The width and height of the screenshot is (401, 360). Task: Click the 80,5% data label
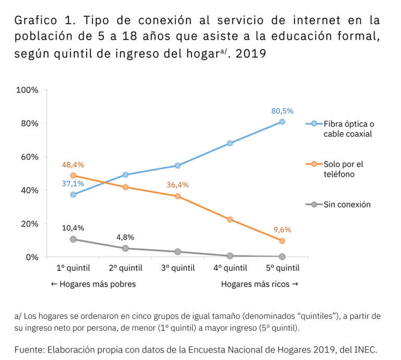click(282, 111)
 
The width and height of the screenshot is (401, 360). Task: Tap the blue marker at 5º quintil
click(282, 122)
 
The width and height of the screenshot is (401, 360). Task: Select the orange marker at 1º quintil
click(73, 175)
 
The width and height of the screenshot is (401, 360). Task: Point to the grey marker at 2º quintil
click(125, 248)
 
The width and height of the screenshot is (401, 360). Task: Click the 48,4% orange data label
click(73, 165)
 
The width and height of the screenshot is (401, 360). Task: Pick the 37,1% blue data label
click(73, 184)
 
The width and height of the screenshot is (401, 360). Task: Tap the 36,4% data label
click(178, 185)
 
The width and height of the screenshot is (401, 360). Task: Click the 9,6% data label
click(282, 230)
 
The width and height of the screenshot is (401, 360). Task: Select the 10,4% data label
click(73, 228)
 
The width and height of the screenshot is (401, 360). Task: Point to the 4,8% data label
click(125, 237)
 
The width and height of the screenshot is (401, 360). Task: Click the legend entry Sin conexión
click(347, 205)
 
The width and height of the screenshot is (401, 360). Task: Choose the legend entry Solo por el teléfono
click(343, 169)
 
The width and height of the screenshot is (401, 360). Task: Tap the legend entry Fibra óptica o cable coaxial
click(348, 129)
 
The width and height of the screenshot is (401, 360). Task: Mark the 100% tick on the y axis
click(27, 90)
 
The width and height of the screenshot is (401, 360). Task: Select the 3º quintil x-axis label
click(178, 268)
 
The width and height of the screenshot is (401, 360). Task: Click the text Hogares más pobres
click(93, 284)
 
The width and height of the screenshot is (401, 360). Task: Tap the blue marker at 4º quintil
click(230, 143)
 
